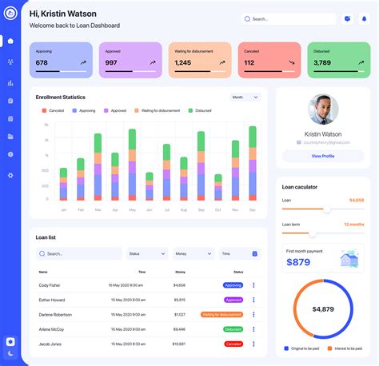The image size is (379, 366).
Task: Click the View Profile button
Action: (x=323, y=156)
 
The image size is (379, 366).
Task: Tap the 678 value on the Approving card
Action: (x=42, y=62)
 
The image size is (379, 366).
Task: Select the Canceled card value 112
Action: (x=249, y=62)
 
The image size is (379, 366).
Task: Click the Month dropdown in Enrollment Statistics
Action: (x=245, y=97)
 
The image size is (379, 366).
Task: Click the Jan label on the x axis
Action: (x=63, y=209)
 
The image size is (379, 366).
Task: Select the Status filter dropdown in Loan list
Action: (x=147, y=253)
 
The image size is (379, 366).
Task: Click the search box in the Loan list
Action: (x=78, y=253)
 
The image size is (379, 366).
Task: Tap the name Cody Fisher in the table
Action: (x=50, y=285)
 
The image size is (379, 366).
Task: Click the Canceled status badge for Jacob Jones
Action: (x=233, y=344)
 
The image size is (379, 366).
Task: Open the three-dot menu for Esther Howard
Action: (x=253, y=300)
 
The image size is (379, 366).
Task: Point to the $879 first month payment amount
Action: (x=298, y=262)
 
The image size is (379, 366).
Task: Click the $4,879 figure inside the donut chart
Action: (x=323, y=309)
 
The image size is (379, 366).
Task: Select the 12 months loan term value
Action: (x=353, y=225)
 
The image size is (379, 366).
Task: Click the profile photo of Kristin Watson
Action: (x=323, y=109)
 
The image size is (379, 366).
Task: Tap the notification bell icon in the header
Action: (x=365, y=18)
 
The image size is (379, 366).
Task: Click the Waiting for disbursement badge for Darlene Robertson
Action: (x=221, y=315)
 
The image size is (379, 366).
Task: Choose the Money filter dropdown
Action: (x=193, y=253)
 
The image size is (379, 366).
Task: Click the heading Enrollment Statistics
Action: (x=60, y=97)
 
